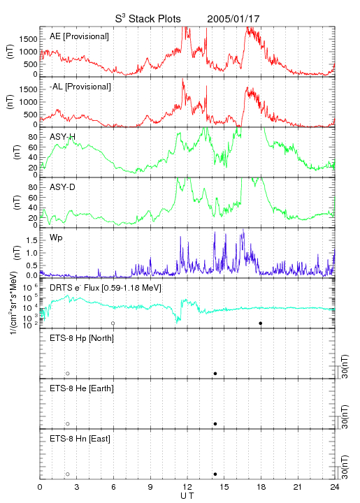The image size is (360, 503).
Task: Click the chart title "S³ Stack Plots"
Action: [148, 19]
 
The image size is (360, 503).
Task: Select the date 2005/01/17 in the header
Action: [233, 19]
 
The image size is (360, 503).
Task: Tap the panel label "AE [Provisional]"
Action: [79, 36]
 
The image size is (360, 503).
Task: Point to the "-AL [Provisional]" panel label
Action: [80, 87]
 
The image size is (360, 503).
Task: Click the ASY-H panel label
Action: [63, 137]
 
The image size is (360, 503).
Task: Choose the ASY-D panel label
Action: [63, 187]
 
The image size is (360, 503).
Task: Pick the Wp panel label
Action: [56, 238]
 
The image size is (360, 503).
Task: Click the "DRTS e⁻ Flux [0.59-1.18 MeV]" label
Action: [106, 288]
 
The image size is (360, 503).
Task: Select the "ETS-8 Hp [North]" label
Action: [82, 338]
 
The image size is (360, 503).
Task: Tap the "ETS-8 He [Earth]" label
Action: [82, 388]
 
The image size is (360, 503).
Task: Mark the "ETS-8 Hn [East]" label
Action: [80, 439]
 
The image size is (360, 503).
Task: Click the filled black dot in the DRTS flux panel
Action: [261, 323]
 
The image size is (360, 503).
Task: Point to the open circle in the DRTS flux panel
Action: [113, 323]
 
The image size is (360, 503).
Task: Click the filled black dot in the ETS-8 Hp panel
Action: [215, 373]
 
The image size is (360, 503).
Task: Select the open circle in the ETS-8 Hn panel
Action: [68, 474]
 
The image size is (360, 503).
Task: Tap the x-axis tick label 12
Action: [187, 487]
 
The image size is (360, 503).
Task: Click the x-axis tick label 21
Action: [298, 487]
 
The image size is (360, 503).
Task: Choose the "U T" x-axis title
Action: [187, 496]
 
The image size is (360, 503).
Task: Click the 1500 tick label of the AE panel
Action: [28, 39]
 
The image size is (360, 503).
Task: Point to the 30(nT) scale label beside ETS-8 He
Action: [345, 416]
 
